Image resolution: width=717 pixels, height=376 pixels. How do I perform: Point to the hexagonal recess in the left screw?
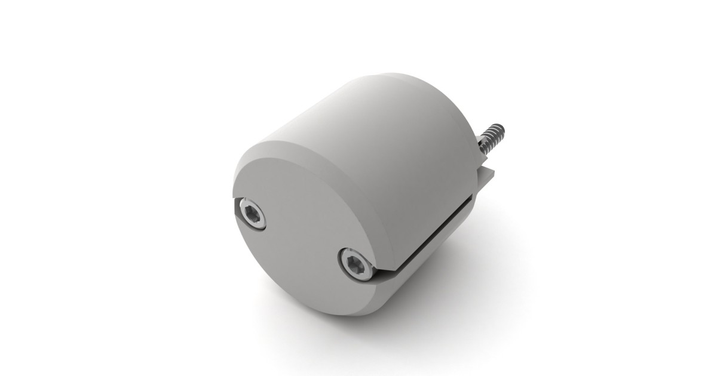[x=251, y=212]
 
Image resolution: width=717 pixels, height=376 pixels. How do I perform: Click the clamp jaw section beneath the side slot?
[x=436, y=263]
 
